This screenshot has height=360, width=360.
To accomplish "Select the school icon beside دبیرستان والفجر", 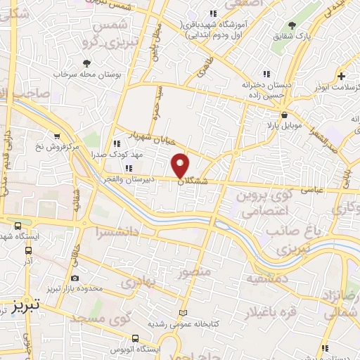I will coord(127,167).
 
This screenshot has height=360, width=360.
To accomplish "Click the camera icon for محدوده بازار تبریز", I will coord(75,278).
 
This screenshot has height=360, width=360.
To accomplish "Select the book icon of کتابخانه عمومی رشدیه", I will coord(184,312).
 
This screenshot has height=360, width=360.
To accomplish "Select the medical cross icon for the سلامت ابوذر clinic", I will coord(341,76).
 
